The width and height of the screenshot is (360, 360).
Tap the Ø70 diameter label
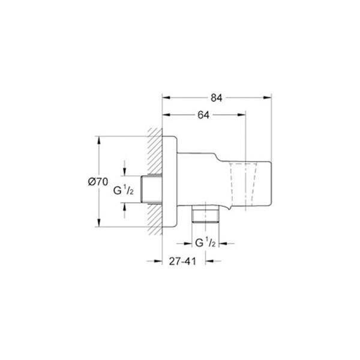[98, 182]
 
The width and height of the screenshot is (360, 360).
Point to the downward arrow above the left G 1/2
[124, 172]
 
